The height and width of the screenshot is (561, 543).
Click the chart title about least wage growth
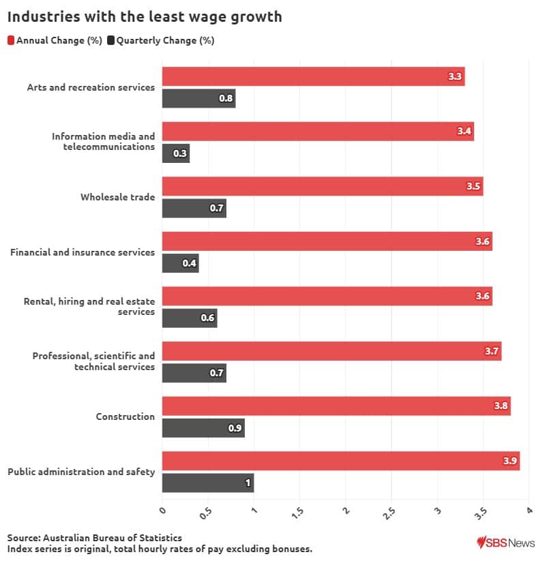(145, 17)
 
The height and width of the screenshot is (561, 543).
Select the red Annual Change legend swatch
(12, 40)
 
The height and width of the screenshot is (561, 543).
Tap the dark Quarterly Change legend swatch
(111, 40)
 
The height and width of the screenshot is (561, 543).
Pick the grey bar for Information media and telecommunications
(175, 153)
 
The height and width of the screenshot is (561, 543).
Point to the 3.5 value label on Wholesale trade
(473, 186)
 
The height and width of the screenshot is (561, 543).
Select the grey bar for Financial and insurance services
(180, 263)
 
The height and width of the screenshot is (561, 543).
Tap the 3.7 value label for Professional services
(492, 351)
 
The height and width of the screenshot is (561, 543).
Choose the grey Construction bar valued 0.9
(203, 428)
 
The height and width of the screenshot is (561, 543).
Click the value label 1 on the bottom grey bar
(248, 483)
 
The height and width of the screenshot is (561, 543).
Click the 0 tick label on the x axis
(162, 510)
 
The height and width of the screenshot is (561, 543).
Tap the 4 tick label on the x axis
(528, 510)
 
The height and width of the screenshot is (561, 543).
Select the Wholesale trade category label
(117, 197)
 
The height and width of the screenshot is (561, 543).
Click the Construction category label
(125, 416)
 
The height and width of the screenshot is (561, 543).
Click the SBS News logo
(505, 543)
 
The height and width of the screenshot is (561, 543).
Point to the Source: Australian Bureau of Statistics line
(95, 538)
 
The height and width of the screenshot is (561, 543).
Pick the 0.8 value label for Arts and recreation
(226, 99)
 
